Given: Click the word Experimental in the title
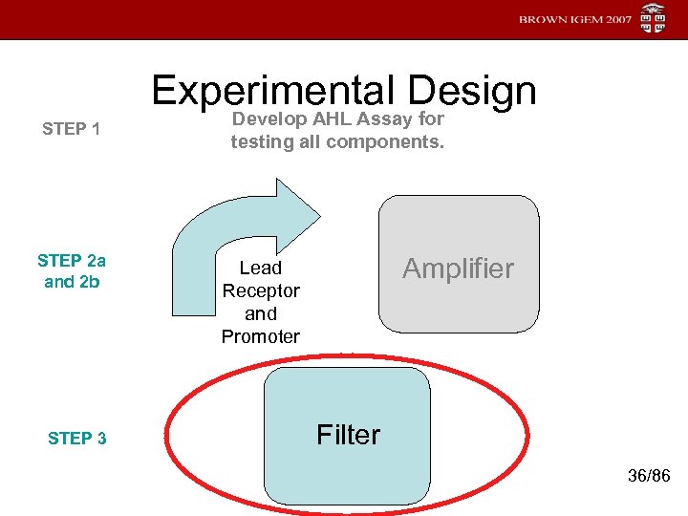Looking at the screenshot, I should pyautogui.click(x=272, y=91).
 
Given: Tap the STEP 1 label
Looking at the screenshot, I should pyautogui.click(x=72, y=129).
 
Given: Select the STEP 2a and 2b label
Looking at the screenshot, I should pyautogui.click(x=72, y=270).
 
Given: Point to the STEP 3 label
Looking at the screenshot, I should pyautogui.click(x=76, y=439).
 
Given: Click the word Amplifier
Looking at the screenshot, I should pyautogui.click(x=458, y=269).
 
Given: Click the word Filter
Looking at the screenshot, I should pyautogui.click(x=348, y=435).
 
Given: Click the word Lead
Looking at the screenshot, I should pyautogui.click(x=260, y=269).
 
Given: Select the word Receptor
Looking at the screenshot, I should pyautogui.click(x=261, y=290).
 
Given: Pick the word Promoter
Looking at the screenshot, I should pyautogui.click(x=260, y=336).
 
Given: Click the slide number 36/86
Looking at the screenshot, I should pyautogui.click(x=649, y=476).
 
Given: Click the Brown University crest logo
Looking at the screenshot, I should pyautogui.click(x=653, y=19).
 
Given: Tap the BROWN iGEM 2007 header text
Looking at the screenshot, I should pyautogui.click(x=575, y=19).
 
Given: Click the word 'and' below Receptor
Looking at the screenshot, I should pyautogui.click(x=260, y=313).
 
